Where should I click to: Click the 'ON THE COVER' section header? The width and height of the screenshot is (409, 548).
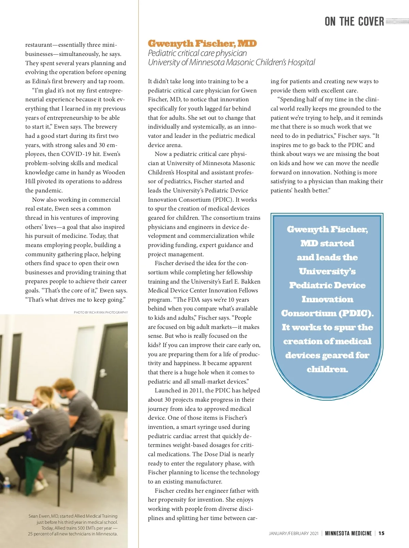pyautogui.click(x=354, y=21)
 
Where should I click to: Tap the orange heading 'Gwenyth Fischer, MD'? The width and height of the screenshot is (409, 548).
pyautogui.click(x=202, y=44)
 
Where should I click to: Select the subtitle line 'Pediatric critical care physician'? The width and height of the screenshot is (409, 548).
pyautogui.click(x=197, y=53)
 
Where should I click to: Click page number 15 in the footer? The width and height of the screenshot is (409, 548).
pyautogui.click(x=381, y=533)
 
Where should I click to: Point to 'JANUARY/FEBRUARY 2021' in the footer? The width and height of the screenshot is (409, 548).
pyautogui.click(x=293, y=533)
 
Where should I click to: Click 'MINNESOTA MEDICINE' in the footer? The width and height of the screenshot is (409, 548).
pyautogui.click(x=348, y=533)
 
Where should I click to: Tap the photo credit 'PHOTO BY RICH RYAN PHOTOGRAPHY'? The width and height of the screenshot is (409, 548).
pyautogui.click(x=101, y=312)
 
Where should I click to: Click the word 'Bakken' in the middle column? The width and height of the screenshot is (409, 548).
pyautogui.click(x=251, y=282)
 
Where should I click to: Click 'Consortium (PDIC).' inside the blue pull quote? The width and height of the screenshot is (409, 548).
pyautogui.click(x=327, y=313)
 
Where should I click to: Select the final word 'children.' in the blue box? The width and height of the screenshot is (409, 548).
pyautogui.click(x=327, y=369)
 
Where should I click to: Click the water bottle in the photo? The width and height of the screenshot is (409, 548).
pyautogui.click(x=6, y=485)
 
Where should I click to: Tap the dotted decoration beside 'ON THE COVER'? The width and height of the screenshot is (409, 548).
pyautogui.click(x=397, y=21)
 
